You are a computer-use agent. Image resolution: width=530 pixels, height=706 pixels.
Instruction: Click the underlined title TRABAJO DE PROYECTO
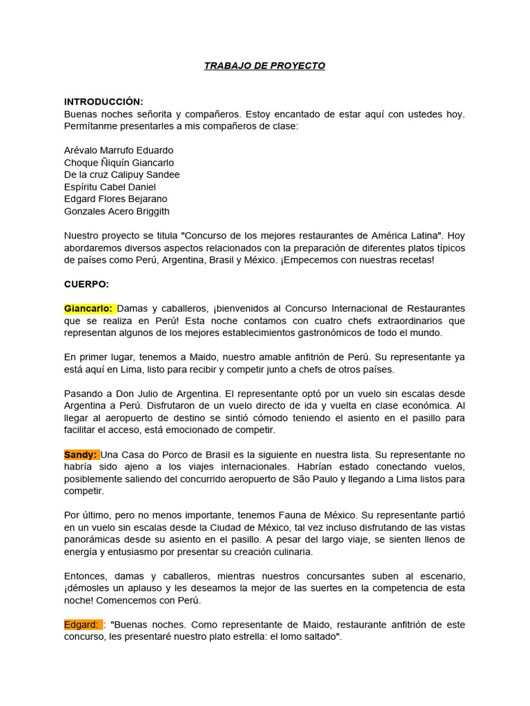coord(264,65)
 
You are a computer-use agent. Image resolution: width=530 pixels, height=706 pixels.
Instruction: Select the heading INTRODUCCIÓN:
coord(104,101)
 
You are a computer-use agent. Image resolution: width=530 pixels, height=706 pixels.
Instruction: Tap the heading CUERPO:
coord(86,283)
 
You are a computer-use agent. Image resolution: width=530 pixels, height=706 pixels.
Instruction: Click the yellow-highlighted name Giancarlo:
coord(89,308)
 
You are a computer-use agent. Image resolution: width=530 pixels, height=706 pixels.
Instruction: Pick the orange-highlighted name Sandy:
coord(81,454)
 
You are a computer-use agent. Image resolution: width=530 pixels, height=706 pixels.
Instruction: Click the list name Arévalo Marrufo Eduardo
coord(119,150)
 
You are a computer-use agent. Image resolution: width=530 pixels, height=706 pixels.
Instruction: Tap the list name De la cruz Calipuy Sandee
coord(121,174)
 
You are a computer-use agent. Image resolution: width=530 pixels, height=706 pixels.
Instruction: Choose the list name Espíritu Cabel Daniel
coord(110,187)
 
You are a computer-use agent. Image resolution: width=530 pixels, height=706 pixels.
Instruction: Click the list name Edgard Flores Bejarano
coord(115,199)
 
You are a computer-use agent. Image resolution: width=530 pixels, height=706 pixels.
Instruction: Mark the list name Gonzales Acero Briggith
coord(117,211)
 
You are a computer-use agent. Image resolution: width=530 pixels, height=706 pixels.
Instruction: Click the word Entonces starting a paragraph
coord(85,576)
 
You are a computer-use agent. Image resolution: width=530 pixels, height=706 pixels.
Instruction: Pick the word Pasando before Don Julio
coord(85,394)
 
